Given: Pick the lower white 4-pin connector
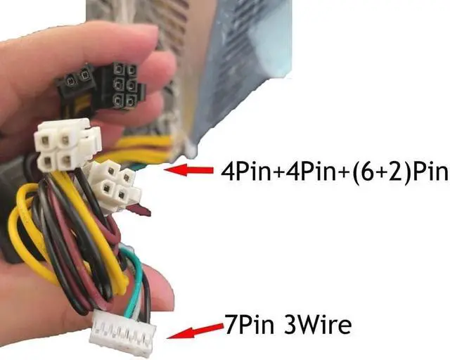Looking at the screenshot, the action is point(115,184).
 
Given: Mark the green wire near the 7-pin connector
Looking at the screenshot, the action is point(138,281).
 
